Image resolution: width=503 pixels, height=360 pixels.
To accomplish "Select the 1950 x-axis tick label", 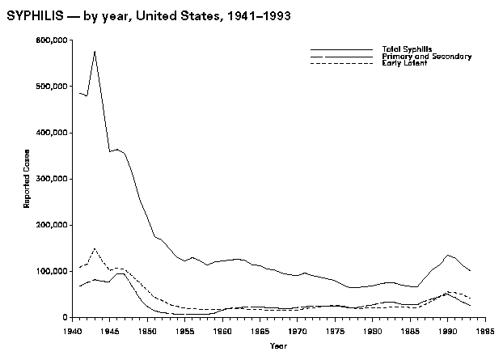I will tap(147, 331).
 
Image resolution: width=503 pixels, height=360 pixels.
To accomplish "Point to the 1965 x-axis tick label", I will tap(260, 331).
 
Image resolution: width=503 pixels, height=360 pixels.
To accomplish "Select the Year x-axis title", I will tap(278, 346).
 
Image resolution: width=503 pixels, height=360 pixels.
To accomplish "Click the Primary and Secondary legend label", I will tap(426, 57).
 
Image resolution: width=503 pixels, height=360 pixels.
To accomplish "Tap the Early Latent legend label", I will tap(404, 63).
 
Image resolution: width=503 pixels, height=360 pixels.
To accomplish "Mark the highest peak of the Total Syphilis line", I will tap(95, 52).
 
